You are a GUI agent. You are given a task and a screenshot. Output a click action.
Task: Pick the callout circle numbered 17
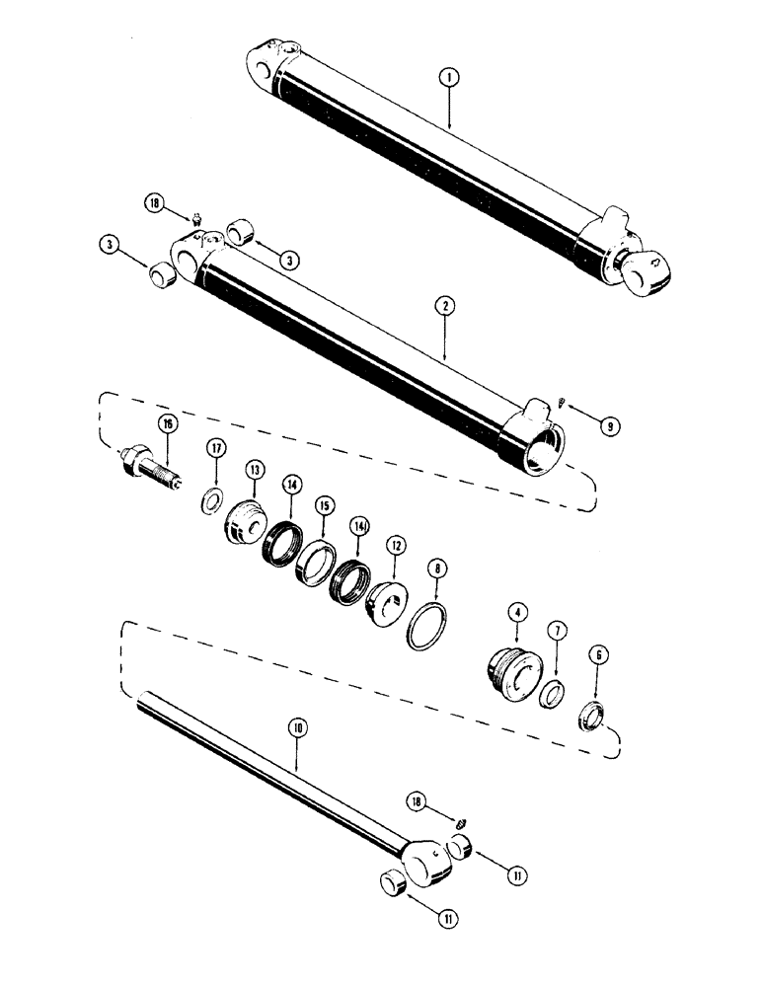214,450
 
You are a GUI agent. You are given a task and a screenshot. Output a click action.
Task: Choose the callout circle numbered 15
323,504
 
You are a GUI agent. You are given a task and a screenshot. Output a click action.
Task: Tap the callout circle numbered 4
514,613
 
